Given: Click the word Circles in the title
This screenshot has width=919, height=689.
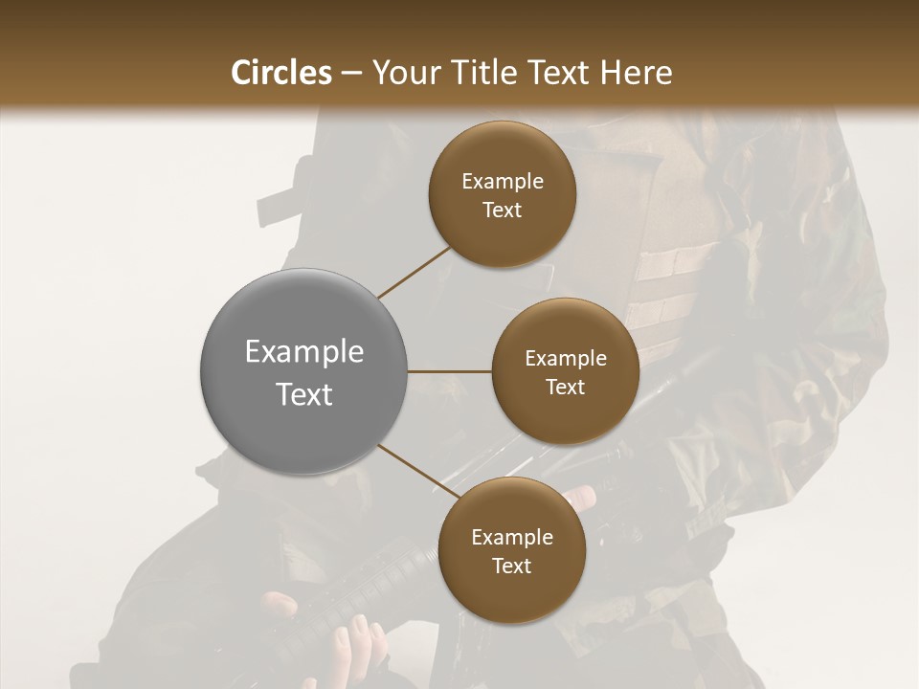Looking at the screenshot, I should [x=280, y=73].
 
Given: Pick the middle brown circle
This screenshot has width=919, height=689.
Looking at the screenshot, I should [x=565, y=411].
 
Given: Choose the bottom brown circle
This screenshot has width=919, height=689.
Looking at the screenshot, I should [x=511, y=593].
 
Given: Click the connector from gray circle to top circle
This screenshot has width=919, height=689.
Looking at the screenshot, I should [x=414, y=273].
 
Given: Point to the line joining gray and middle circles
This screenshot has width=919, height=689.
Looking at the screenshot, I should [x=450, y=371].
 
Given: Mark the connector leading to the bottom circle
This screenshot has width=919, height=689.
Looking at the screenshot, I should [x=418, y=470].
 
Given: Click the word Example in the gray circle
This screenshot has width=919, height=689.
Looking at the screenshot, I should [x=304, y=351].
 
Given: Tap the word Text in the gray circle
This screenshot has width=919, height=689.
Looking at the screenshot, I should [x=304, y=393].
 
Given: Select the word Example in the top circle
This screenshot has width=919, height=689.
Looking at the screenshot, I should [x=503, y=181].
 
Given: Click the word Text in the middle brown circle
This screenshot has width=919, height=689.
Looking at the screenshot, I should [x=565, y=387].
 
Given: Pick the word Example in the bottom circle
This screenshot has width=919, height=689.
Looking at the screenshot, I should [x=511, y=537].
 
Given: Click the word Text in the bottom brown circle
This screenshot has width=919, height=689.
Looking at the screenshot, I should [x=511, y=566].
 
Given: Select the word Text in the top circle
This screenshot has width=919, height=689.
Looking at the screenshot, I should [x=503, y=210].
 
